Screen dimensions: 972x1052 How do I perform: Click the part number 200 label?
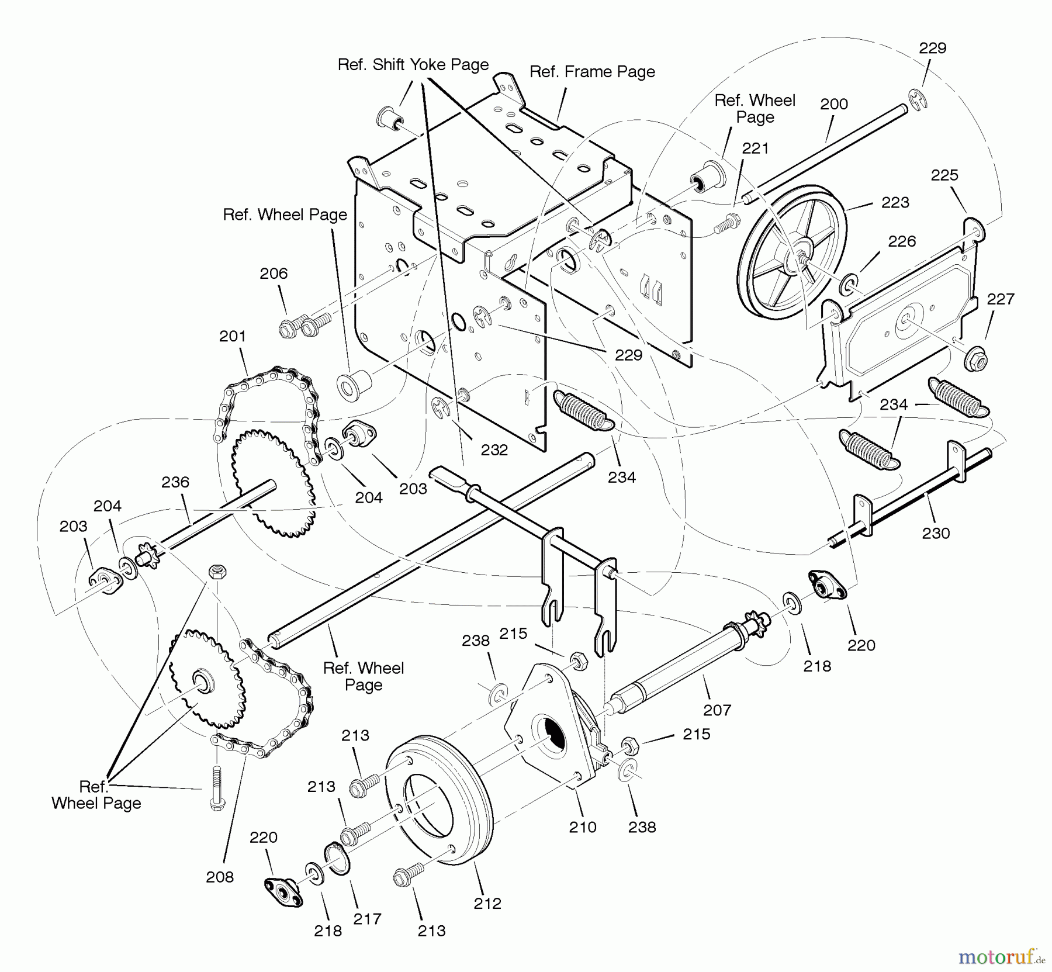coord(833,104)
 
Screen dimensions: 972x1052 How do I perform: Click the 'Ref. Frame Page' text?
coord(592,72)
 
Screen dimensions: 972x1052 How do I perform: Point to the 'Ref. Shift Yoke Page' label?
coord(413,64)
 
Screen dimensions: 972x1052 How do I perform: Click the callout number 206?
coord(274,273)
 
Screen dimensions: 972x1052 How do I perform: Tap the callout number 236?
coord(175,482)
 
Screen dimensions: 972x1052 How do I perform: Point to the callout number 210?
coord(582,826)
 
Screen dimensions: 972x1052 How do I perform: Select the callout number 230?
coord(936,532)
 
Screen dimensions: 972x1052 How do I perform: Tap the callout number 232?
coord(494,449)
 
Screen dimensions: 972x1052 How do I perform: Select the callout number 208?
coord(220,876)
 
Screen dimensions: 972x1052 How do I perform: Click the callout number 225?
coord(944,175)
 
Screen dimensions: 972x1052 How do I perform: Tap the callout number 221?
coord(755,148)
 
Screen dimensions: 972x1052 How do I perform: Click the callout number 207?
coord(717,710)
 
